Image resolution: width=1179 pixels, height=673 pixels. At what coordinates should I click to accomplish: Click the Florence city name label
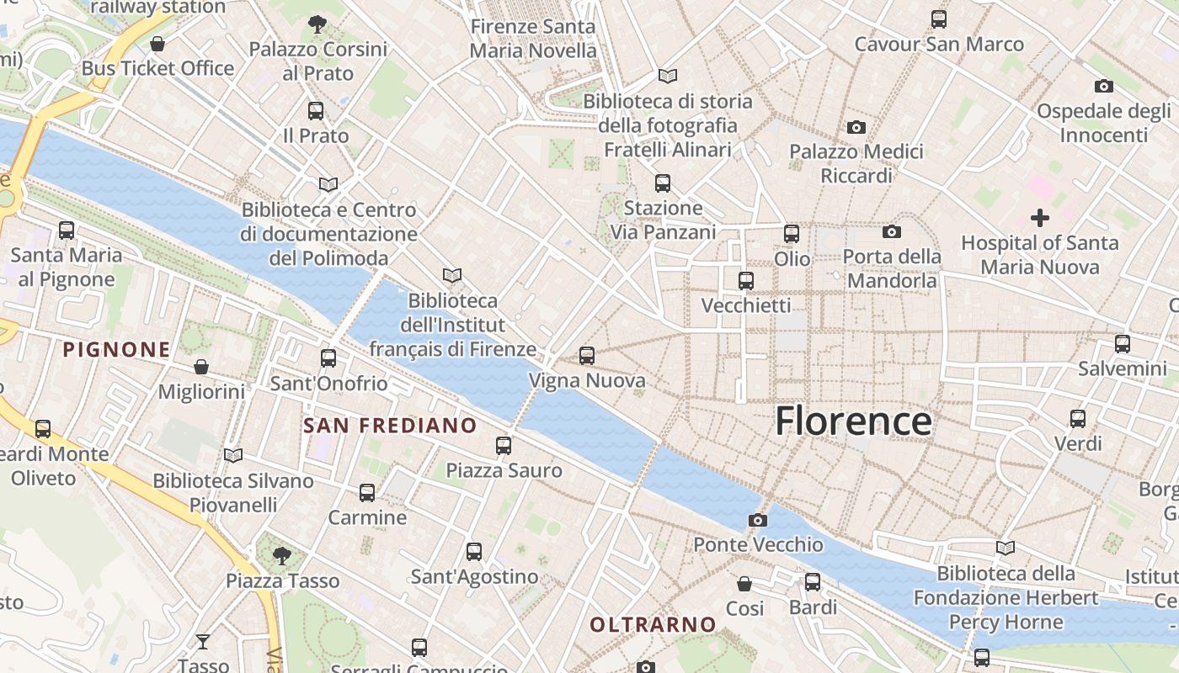[853, 421]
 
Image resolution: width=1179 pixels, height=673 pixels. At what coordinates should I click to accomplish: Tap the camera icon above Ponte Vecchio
[758, 520]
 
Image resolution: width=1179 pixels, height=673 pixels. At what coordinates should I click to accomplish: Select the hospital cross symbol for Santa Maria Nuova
[1040, 218]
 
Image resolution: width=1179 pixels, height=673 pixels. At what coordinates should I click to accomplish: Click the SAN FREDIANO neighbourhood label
[390, 426]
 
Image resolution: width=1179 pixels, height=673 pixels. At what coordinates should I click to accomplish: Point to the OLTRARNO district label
[653, 624]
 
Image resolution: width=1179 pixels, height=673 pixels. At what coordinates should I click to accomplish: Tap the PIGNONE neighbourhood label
[116, 349]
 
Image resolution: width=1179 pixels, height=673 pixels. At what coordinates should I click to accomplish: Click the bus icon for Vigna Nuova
[587, 356]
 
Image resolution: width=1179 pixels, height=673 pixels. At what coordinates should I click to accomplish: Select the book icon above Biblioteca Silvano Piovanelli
[233, 456]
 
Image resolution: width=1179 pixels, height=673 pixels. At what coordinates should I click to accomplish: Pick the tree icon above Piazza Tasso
[282, 555]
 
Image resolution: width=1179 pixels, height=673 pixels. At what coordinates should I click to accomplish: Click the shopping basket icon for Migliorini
[201, 367]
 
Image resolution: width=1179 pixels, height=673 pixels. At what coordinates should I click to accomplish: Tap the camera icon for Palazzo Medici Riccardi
[856, 128]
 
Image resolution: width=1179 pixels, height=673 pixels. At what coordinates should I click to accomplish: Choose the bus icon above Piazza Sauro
[504, 446]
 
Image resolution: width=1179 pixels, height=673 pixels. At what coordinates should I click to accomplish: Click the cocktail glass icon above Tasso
[203, 642]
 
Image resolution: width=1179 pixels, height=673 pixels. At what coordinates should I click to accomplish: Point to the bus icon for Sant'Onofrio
[328, 358]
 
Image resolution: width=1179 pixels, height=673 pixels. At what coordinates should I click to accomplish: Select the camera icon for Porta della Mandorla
[892, 231]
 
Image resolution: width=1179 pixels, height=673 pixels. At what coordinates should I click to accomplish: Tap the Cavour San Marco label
[939, 44]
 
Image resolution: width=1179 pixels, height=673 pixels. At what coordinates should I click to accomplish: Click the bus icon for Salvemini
[1123, 344]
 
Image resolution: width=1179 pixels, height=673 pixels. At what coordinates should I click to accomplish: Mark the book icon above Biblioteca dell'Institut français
[452, 275]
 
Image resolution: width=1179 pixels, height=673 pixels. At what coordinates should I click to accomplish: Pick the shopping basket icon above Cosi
[744, 583]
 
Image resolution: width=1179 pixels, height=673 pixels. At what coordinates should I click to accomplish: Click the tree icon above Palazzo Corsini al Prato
[317, 24]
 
